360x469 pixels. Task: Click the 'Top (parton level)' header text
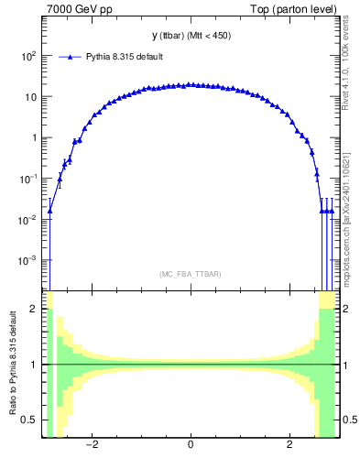tap(298, 9)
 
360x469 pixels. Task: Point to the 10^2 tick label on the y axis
tap(27, 56)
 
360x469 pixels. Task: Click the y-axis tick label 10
tap(30, 97)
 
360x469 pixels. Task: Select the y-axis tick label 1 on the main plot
tap(34, 138)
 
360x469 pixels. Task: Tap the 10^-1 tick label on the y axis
tap(27, 179)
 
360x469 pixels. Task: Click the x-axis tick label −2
tap(91, 446)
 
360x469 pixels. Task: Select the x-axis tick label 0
tap(190, 446)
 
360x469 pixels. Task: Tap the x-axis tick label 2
tap(289, 446)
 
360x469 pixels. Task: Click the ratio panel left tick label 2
tap(35, 310)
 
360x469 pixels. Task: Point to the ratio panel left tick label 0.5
tap(30, 420)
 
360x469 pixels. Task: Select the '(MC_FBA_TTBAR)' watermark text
tap(190, 274)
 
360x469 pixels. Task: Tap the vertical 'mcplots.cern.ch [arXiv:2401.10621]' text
tap(345, 206)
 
